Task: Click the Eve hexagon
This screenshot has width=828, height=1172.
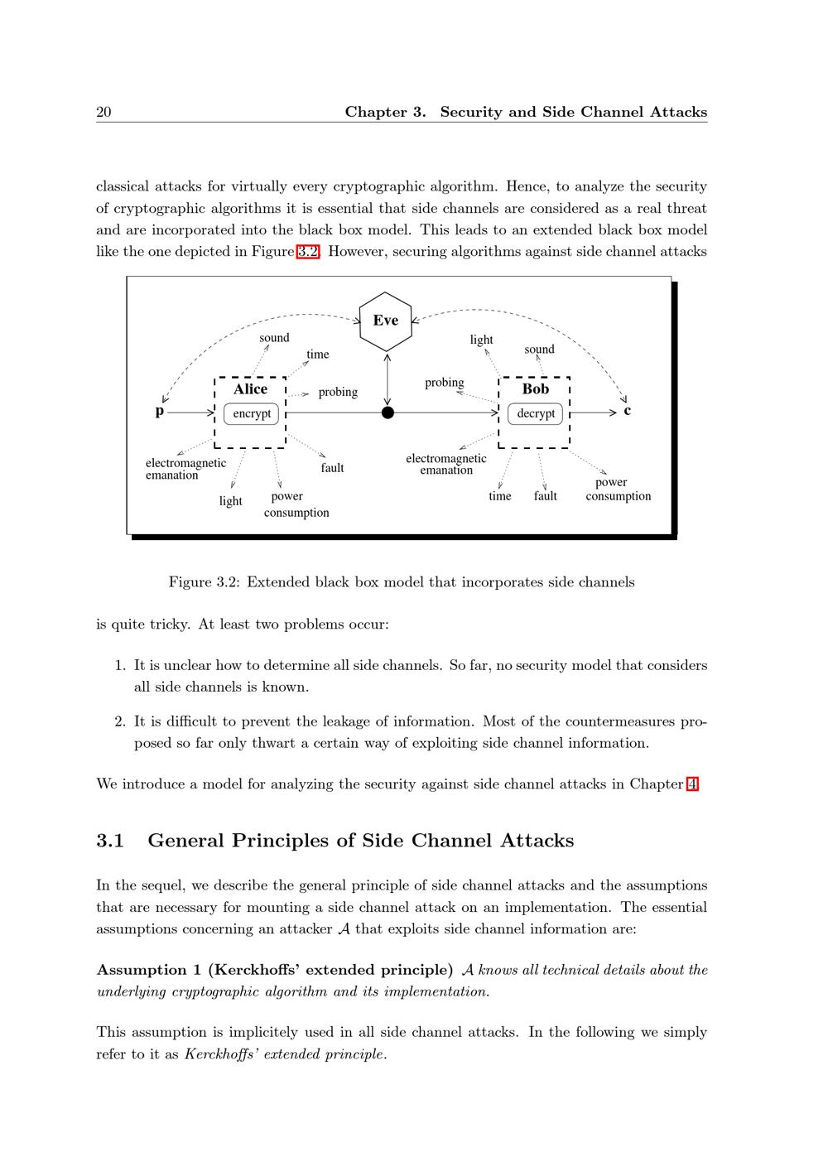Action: click(386, 321)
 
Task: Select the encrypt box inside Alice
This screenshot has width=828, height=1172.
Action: click(252, 413)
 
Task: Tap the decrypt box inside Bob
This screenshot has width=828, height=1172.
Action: click(536, 413)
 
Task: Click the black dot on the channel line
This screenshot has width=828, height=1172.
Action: click(388, 412)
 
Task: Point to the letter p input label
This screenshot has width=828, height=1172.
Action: click(160, 412)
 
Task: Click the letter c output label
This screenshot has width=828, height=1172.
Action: click(628, 411)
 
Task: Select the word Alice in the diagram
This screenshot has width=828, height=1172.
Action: click(250, 389)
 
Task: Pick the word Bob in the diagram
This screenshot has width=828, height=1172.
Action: click(536, 389)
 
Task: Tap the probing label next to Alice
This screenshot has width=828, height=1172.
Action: click(338, 392)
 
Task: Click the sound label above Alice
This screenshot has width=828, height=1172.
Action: click(274, 338)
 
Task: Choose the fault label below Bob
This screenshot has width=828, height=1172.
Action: click(546, 496)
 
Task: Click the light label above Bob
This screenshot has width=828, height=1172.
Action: click(481, 340)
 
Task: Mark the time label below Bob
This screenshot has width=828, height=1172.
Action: click(500, 496)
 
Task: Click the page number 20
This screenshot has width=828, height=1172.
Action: click(103, 112)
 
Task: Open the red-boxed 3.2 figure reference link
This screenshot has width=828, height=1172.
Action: click(307, 252)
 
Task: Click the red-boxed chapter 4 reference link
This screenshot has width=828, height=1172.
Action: click(692, 784)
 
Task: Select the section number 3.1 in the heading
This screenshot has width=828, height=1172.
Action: click(110, 841)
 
